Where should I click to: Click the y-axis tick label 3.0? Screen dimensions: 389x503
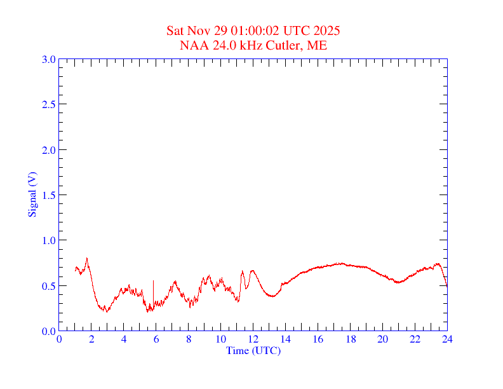tap(48, 59)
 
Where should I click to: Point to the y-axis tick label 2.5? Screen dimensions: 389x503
tap(48, 104)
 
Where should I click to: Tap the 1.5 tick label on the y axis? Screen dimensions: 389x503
tap(48, 195)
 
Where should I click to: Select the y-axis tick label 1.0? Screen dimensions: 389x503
tap(48, 240)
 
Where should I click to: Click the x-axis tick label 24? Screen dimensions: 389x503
tap(446, 339)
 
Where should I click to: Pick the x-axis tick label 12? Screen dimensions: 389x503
tap(253, 339)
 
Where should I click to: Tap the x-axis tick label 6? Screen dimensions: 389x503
tap(156, 339)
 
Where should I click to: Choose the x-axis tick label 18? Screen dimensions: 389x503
tap(350, 339)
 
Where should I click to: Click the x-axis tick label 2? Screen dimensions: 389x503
tap(91, 339)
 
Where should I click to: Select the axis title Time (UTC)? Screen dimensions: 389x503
tap(253, 350)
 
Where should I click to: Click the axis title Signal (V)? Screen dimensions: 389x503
tap(32, 194)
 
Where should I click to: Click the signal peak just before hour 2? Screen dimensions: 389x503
tap(87, 258)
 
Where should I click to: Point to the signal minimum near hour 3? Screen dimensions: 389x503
tap(107, 311)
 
